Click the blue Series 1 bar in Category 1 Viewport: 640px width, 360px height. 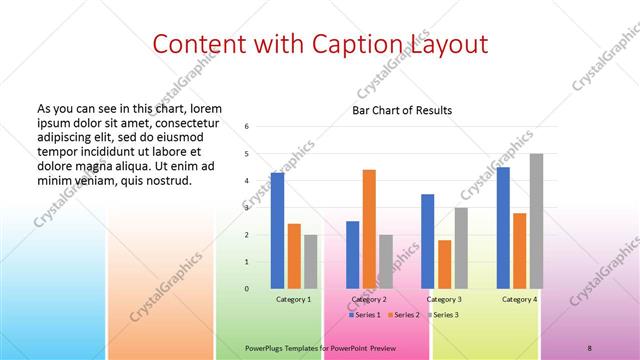point(277,231)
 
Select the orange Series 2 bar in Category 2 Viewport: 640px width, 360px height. point(369,229)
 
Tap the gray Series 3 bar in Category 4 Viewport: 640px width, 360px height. point(536,221)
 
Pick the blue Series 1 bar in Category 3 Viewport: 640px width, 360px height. point(428,241)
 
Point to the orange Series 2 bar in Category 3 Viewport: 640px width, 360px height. point(444,264)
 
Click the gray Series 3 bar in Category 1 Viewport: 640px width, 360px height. point(311,262)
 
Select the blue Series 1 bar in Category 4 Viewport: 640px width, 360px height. point(503,228)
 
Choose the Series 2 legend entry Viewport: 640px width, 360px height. point(403,315)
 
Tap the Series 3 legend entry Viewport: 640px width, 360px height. point(444,315)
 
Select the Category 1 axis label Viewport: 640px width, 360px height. point(294,299)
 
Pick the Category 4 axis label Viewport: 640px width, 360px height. point(519,299)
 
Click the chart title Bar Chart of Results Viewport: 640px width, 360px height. point(402,110)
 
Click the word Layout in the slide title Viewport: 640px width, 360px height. point(448,45)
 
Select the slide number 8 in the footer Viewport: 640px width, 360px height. point(589,347)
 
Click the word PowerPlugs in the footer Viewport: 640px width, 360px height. point(265,347)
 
